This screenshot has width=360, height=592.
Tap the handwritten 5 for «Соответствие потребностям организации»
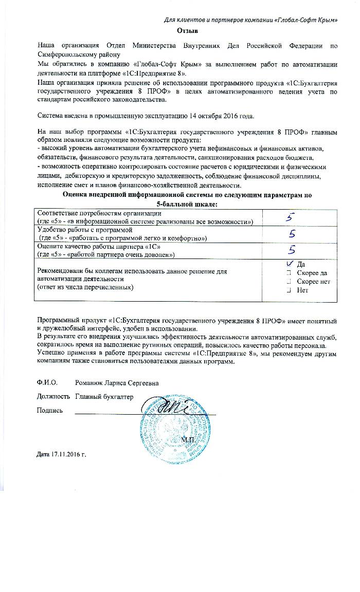click(x=291, y=218)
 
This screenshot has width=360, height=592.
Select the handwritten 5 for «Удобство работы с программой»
click(x=292, y=234)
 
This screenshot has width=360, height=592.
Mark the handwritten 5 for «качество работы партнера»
click(x=292, y=250)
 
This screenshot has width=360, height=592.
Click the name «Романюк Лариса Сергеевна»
click(x=117, y=383)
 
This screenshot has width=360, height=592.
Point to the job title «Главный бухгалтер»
click(x=104, y=397)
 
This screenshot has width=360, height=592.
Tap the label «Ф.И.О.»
click(x=46, y=383)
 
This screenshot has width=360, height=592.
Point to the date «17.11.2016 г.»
click(x=60, y=455)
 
